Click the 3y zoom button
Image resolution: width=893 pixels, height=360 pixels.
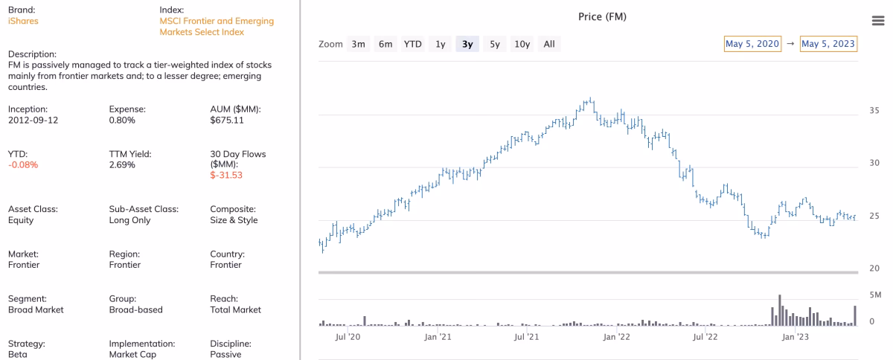click(467, 44)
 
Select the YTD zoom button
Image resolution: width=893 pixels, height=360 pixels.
click(412, 44)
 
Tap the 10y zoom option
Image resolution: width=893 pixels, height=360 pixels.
click(522, 44)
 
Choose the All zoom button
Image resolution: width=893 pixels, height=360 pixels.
click(549, 44)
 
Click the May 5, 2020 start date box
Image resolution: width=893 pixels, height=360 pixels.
click(753, 44)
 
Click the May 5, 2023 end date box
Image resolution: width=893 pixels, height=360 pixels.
click(828, 44)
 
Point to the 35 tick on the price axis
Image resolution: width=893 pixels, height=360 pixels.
click(874, 111)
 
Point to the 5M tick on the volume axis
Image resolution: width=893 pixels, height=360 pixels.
click(874, 295)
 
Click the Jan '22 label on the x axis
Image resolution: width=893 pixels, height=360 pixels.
click(616, 337)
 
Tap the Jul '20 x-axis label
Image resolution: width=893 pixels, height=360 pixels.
click(348, 337)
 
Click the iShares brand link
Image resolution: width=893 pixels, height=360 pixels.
click(23, 21)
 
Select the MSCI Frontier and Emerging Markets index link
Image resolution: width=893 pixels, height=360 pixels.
click(217, 26)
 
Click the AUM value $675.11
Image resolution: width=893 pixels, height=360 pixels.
click(226, 120)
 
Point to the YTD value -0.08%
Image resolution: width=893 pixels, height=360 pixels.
click(23, 164)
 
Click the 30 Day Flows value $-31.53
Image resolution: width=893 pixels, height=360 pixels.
click(226, 176)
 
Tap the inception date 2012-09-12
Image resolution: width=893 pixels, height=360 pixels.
click(33, 120)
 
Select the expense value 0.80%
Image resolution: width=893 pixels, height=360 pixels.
click(122, 120)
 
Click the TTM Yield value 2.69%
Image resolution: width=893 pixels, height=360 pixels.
click(122, 164)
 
